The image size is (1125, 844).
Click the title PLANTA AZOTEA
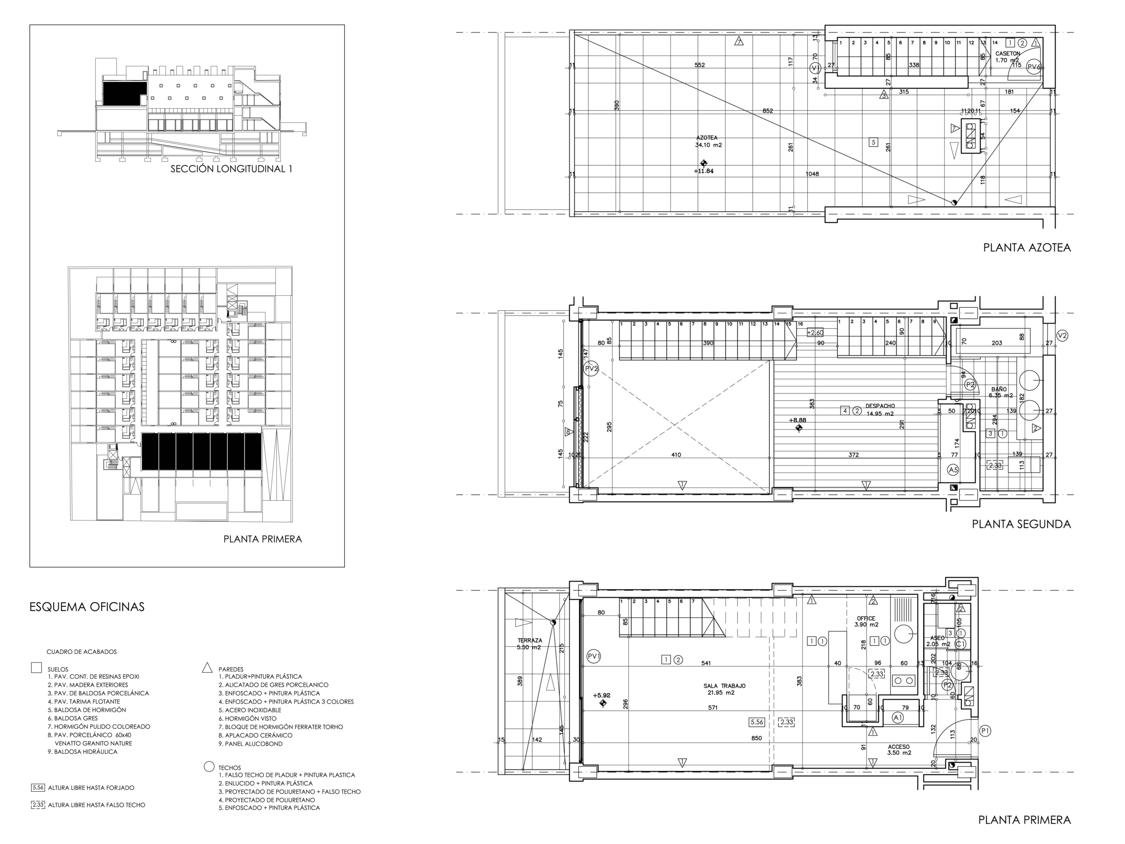1026,248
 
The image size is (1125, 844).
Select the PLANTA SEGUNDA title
1021,524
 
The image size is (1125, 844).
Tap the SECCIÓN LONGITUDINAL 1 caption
231,169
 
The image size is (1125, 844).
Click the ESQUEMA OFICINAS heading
87,607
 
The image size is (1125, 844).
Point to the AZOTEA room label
707,138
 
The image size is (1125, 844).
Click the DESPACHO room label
880,406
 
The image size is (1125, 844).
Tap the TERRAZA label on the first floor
530,640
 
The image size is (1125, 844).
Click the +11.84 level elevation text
704,171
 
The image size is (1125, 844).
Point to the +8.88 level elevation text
797,420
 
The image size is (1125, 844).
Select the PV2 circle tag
591,368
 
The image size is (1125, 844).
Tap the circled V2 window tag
1062,335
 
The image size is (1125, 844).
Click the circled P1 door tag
985,731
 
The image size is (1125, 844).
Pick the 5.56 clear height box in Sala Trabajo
757,722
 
